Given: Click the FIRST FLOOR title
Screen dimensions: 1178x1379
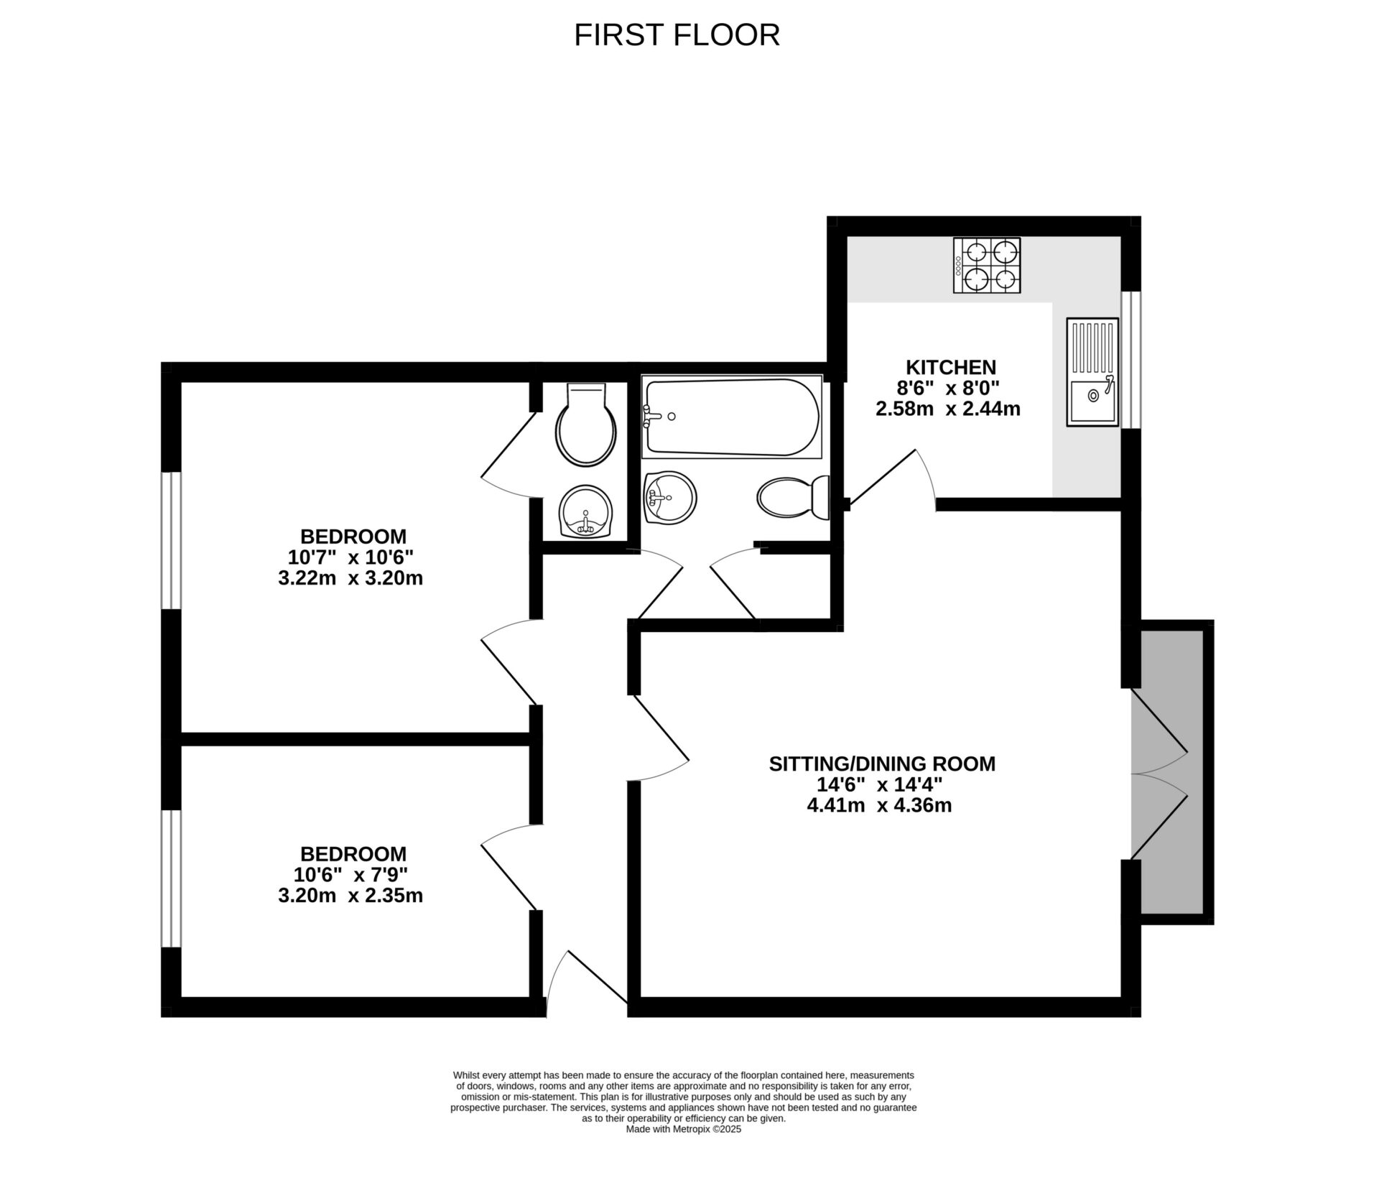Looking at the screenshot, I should [677, 34].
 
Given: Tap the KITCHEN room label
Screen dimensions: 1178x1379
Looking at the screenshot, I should [950, 368].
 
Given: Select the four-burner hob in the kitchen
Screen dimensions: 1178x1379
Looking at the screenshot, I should [987, 266].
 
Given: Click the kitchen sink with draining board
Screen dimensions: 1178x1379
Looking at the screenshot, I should [1092, 372].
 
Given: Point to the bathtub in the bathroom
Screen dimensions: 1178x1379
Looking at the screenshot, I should [731, 417].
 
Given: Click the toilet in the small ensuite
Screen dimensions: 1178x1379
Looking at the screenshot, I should [586, 427].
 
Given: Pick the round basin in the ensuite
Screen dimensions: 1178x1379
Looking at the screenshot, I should [586, 512].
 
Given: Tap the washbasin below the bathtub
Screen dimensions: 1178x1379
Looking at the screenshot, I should [670, 496].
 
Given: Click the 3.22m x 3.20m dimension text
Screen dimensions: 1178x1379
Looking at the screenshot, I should [350, 578].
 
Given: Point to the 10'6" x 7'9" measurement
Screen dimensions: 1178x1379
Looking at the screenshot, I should [350, 875].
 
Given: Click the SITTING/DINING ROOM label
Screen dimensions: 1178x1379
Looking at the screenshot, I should [882, 764].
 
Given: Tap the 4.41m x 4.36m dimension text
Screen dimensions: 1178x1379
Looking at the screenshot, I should [879, 805].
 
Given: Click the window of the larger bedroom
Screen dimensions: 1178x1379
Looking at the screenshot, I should [170, 540].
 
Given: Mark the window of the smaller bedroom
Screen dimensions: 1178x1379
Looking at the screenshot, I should [170, 879].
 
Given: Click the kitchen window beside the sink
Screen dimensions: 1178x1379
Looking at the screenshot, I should [1131, 359].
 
